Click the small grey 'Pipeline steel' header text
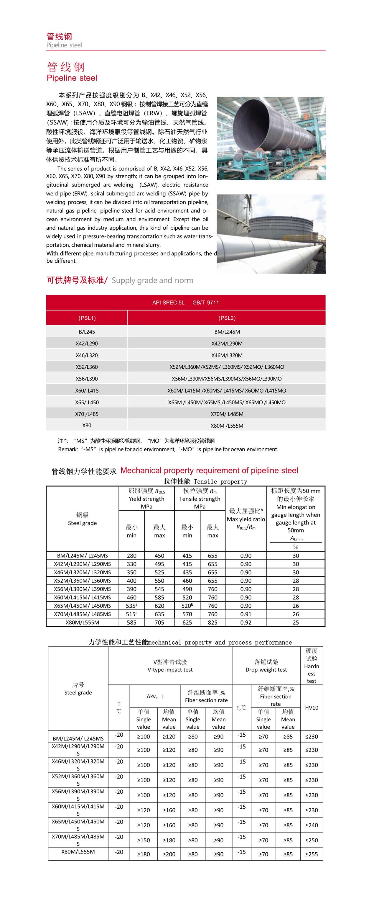tap(64, 45)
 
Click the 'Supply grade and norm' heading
tap(152, 280)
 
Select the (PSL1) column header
tap(87, 318)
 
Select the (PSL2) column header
tap(227, 318)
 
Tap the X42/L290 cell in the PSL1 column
tap(87, 344)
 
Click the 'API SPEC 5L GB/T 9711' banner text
tap(185, 303)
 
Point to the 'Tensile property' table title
tap(205, 482)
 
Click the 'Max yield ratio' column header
tap(246, 519)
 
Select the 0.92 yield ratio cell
tap(246, 622)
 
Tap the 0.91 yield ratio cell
tap(246, 614)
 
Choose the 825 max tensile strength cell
tap(212, 622)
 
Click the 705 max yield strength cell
tap(159, 622)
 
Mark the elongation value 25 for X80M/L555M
tap(296, 622)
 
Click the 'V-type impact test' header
tap(170, 666)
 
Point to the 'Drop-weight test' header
tap(266, 666)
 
